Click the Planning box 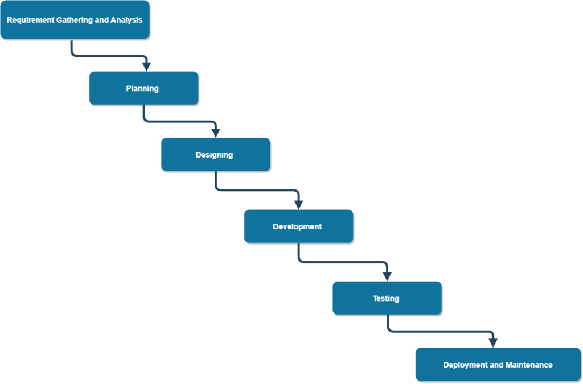pos(143,88)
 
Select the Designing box pos(215,154)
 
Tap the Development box pos(298,226)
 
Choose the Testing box pos(386,298)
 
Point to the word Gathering pos(75,20)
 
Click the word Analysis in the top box pos(126,20)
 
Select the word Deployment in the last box pos(465,365)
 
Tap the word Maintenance pos(529,365)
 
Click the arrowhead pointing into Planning pos(147,66)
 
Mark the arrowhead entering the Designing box pos(215,132)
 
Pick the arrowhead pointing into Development pos(298,204)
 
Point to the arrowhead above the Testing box pos(387,276)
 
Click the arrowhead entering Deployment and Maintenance pos(493,342)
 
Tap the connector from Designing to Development pos(256,191)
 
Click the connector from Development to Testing pos(342,262)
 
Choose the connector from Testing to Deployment pos(438,331)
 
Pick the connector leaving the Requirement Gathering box pos(108,56)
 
